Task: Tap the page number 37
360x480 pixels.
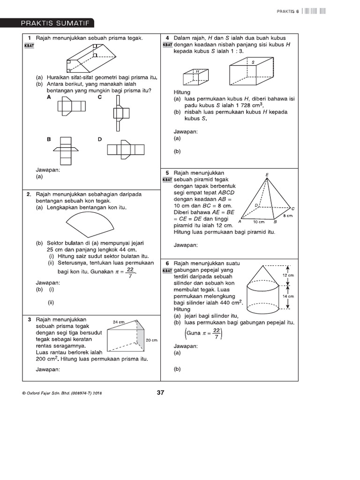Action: click(161, 393)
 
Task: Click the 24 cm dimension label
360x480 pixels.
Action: click(118, 322)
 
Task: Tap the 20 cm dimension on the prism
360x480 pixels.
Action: click(151, 340)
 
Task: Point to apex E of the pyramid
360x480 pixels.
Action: click(267, 175)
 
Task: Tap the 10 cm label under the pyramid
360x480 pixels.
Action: click(259, 221)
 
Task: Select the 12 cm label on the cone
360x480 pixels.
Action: click(288, 275)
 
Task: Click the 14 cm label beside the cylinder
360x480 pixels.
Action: click(288, 296)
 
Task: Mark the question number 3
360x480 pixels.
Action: click(29, 319)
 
